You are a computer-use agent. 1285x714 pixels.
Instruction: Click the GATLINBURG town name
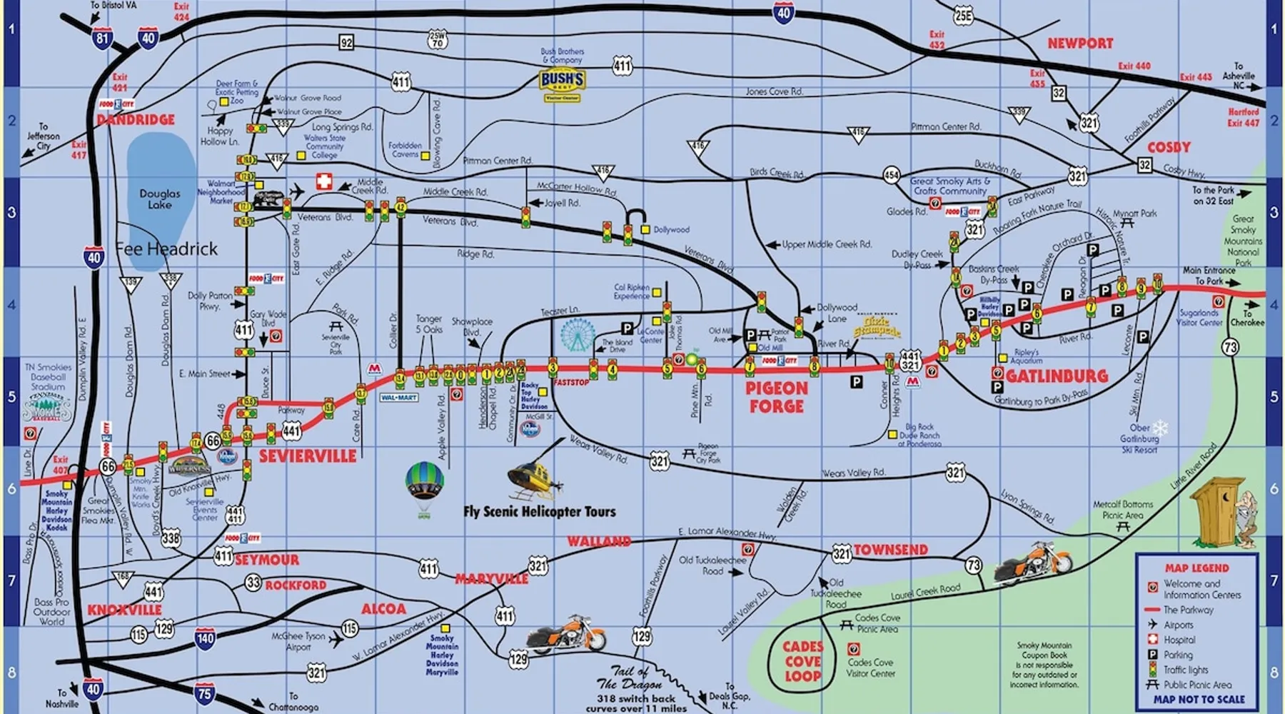(1057, 376)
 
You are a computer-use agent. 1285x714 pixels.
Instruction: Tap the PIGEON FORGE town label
(777, 398)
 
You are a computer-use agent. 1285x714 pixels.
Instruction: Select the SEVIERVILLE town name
(307, 456)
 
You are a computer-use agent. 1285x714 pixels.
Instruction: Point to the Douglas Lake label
(160, 198)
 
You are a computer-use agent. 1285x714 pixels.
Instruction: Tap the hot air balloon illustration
(425, 486)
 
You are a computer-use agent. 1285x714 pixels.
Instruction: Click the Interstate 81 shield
(102, 38)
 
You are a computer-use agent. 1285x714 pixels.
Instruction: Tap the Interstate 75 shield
(205, 693)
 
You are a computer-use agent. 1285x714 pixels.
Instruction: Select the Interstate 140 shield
(205, 638)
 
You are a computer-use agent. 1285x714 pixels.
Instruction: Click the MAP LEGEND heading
(1197, 568)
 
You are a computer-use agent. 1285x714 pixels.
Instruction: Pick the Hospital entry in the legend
(1178, 640)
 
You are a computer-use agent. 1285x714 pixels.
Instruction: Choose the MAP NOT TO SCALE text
(1199, 700)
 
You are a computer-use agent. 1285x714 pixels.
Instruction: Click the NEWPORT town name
(1079, 44)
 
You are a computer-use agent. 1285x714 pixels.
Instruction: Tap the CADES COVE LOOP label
(803, 661)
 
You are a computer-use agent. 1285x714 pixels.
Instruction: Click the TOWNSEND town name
(891, 550)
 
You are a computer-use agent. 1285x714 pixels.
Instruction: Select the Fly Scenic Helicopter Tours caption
(539, 512)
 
